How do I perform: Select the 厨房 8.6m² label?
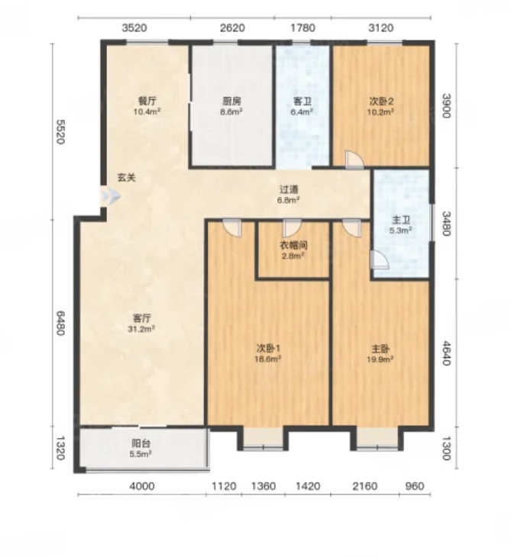click(232, 106)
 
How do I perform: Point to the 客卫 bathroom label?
click(302, 101)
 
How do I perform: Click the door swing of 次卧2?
click(354, 159)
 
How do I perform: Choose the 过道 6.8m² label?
click(289, 195)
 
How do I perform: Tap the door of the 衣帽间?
click(292, 228)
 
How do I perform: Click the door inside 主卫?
click(379, 259)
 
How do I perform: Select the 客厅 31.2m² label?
click(141, 323)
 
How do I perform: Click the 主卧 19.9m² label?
click(380, 353)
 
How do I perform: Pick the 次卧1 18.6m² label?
click(268, 353)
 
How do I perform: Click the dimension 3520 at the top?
click(134, 27)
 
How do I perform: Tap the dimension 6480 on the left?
click(60, 323)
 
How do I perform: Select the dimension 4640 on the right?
click(446, 353)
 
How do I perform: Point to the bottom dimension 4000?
click(142, 485)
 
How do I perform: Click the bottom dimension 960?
click(414, 485)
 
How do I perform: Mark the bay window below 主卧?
click(377, 439)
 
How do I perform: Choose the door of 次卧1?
click(232, 228)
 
